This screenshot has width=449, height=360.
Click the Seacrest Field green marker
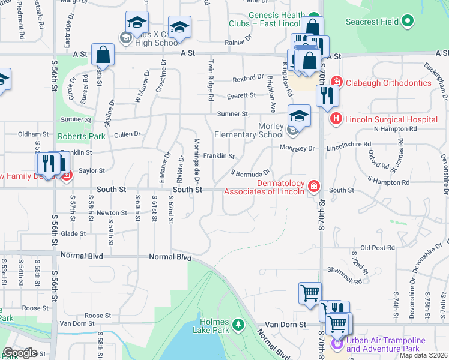coord(408,22)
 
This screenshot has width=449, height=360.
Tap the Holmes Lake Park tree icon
coord(239,325)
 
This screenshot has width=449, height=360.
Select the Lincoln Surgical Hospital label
coord(391,119)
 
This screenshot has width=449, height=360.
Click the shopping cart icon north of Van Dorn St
coord(310,293)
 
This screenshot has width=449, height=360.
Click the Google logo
coord(20,353)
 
